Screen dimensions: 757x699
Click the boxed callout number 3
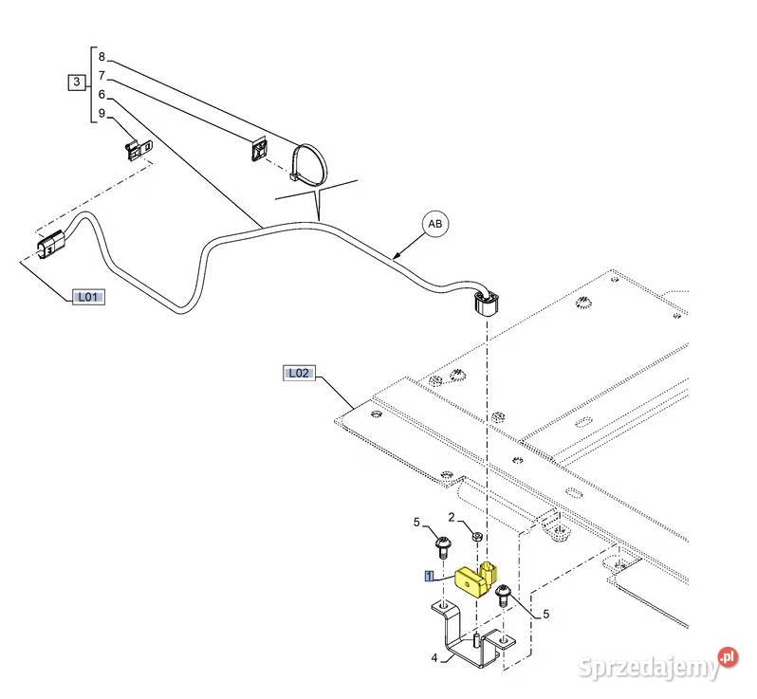(x=76, y=83)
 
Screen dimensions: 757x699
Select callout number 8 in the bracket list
(x=102, y=57)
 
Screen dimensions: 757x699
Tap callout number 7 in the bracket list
(x=102, y=76)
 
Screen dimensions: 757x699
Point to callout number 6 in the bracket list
(x=102, y=94)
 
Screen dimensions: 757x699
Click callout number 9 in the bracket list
(x=102, y=113)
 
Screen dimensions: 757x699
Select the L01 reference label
(x=88, y=297)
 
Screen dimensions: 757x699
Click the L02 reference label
(x=299, y=373)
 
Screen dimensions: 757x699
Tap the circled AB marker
(x=435, y=224)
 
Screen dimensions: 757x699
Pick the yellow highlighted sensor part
(x=476, y=579)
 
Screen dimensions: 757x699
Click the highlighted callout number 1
(x=429, y=576)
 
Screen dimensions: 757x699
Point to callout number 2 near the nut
(x=452, y=518)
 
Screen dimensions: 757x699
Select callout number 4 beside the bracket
(x=434, y=657)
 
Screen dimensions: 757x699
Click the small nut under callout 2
(x=477, y=536)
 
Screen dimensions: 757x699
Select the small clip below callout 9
(x=138, y=148)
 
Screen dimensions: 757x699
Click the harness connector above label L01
(x=50, y=244)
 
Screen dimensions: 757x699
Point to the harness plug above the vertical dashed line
(x=485, y=303)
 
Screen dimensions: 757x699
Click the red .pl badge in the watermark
(x=729, y=657)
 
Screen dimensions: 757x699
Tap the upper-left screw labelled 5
(x=444, y=546)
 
